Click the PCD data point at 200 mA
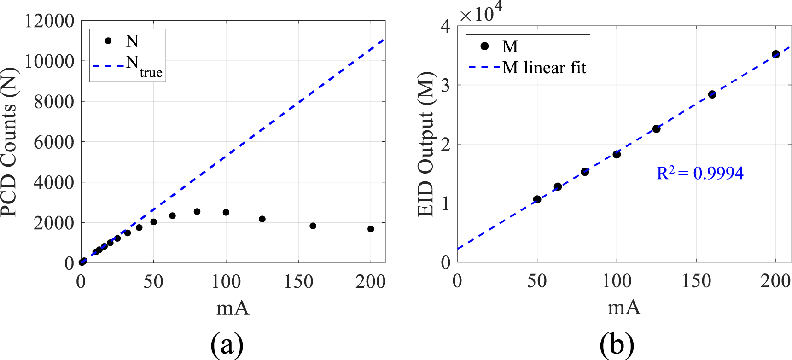click(371, 229)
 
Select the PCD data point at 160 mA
click(313, 226)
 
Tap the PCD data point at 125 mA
click(262, 219)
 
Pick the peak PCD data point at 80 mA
click(197, 211)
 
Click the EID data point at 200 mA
click(775, 54)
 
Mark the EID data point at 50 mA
click(537, 199)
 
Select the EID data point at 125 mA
click(656, 129)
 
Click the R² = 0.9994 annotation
click(699, 173)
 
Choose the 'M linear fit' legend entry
click(528, 68)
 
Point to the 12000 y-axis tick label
click(49, 21)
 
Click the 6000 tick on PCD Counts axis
click(53, 142)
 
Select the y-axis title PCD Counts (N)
click(9, 142)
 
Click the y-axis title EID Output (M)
click(426, 144)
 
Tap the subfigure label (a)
click(227, 343)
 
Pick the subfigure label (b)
click(617, 343)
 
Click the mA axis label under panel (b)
click(624, 307)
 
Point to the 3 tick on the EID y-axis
click(446, 86)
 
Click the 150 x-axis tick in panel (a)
click(298, 281)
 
